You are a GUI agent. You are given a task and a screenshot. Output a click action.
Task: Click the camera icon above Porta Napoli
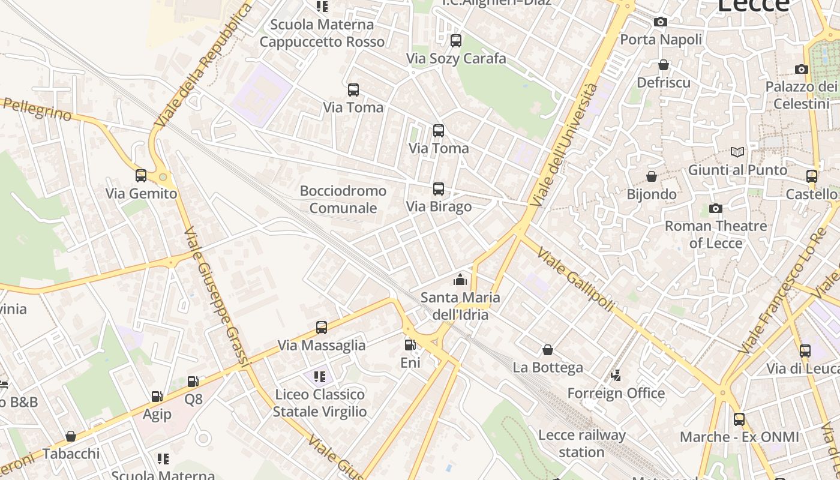[x=661, y=22]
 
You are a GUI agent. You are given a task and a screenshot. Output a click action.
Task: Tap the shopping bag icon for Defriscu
[x=664, y=65]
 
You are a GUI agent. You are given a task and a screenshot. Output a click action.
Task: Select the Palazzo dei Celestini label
[x=800, y=95]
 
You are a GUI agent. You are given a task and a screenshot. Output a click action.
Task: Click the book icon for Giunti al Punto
[x=737, y=152]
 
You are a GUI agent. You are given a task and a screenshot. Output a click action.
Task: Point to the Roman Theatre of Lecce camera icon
[x=716, y=209]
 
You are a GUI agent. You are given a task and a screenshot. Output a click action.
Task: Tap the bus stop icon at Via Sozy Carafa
[x=456, y=41]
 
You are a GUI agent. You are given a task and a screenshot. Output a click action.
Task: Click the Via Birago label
[x=439, y=206]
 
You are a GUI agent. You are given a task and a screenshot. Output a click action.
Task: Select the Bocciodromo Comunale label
[x=343, y=200]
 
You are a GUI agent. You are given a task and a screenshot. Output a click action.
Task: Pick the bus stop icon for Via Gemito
[x=141, y=176]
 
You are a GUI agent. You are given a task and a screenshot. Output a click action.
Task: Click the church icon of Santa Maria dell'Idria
[x=460, y=280]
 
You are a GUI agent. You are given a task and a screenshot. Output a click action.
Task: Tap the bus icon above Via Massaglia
[x=322, y=328]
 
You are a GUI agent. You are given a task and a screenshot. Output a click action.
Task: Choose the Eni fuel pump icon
[x=410, y=345]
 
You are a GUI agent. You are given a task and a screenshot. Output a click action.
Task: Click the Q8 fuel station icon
[x=193, y=382]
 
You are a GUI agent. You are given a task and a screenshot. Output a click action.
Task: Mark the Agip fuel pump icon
[x=157, y=397]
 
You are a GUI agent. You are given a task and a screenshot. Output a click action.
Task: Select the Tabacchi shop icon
[x=71, y=436]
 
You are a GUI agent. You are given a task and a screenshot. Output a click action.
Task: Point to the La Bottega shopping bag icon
[x=548, y=350]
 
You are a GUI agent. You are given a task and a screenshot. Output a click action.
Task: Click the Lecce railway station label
[x=581, y=443]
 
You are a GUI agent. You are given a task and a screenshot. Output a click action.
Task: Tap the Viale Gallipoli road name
[x=575, y=280]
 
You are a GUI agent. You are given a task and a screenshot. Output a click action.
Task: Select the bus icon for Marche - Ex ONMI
[x=739, y=419]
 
